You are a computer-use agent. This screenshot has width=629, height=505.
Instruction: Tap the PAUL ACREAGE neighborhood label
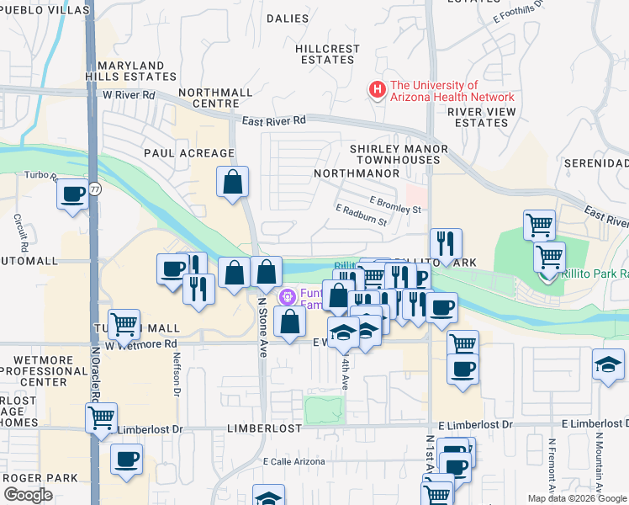pos(188,153)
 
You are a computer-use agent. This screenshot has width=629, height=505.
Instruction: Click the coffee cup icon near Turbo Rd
pos(72,194)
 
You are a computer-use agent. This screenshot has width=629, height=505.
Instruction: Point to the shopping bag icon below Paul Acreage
pos(233,181)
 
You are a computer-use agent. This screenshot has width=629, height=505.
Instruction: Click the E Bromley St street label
pos(395,204)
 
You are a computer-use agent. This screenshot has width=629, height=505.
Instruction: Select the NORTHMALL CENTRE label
pos(215,97)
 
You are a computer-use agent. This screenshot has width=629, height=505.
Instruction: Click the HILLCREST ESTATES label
pos(327,55)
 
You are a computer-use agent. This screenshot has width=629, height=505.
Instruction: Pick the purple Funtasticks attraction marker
pos(288,296)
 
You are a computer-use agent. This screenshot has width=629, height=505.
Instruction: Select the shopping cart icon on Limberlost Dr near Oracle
pos(101,417)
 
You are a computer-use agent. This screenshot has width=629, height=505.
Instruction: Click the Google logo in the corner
pos(28,495)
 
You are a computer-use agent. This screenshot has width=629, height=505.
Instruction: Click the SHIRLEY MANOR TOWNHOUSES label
pos(398,154)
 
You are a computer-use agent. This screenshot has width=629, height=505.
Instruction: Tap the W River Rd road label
pos(129,95)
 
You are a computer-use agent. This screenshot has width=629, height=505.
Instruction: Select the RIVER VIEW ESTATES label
pos(478,117)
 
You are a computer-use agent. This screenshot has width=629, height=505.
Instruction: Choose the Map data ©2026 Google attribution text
pos(576,498)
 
